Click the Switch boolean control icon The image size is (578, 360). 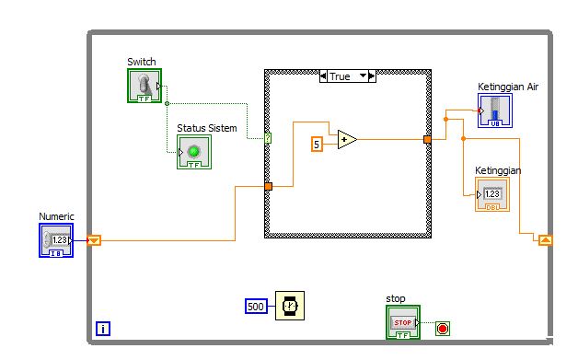(x=144, y=87)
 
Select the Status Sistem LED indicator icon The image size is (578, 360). (x=193, y=152)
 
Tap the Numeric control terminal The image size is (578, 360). (x=55, y=240)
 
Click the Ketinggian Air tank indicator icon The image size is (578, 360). (x=495, y=110)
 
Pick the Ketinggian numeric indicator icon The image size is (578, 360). (x=491, y=194)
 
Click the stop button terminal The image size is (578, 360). (x=403, y=322)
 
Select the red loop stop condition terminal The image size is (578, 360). (x=442, y=328)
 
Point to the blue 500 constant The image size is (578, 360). (x=258, y=305)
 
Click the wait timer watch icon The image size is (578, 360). (x=290, y=305)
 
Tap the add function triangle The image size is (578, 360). (x=346, y=140)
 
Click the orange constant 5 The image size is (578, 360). (x=317, y=144)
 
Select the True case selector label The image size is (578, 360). (x=346, y=76)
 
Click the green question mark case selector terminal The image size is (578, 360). (x=268, y=138)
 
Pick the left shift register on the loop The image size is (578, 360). (x=94, y=240)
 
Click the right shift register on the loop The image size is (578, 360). (x=545, y=240)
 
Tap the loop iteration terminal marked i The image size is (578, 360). (x=103, y=327)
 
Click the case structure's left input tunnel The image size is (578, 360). (x=268, y=187)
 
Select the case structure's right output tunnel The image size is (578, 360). (x=427, y=140)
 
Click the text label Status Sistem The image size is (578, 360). (x=206, y=127)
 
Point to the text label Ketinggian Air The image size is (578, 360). (x=507, y=87)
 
